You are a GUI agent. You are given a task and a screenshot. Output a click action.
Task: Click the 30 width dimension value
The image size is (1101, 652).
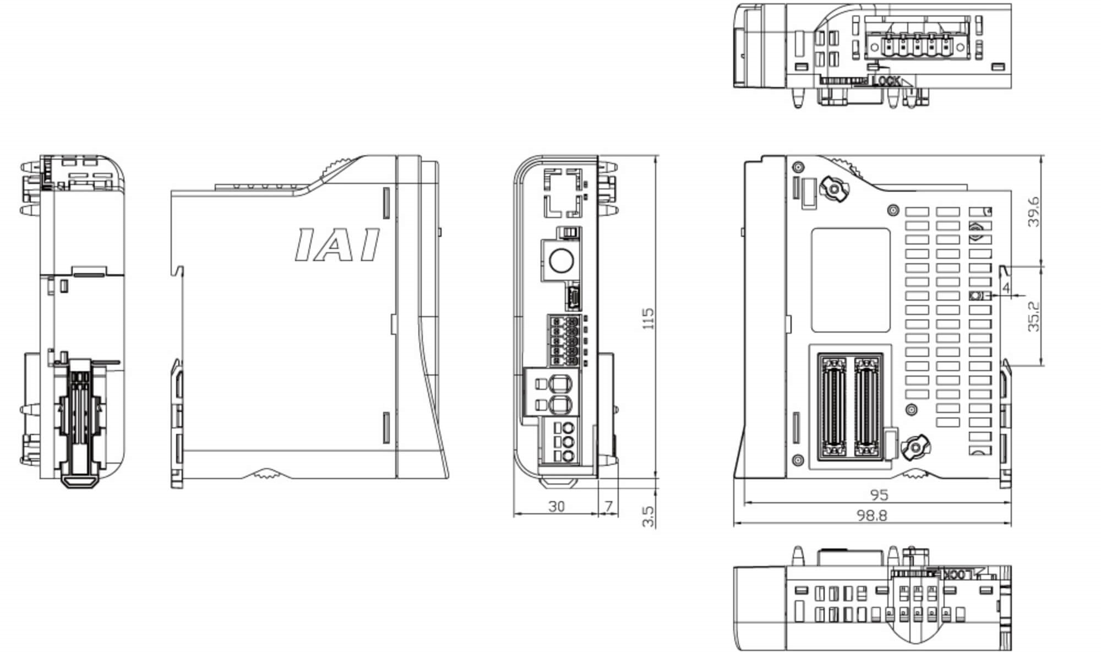(557, 506)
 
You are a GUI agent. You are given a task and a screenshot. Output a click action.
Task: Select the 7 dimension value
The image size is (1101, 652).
(608, 506)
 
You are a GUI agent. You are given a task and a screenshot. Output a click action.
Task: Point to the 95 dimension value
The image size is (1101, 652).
(879, 495)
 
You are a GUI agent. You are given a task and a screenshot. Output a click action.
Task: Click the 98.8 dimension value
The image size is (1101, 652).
(872, 515)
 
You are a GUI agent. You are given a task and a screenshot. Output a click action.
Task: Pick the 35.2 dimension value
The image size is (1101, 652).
(1034, 316)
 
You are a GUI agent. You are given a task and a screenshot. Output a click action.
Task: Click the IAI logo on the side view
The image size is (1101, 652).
(337, 244)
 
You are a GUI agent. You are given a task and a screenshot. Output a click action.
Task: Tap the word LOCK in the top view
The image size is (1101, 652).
(886, 81)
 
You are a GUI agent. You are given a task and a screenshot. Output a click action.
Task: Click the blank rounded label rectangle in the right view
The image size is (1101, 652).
(851, 280)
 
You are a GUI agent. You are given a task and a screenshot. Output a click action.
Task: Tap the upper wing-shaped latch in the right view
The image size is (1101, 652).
(833, 189)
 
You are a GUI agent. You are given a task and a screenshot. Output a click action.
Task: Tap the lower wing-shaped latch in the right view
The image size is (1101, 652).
(915, 447)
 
